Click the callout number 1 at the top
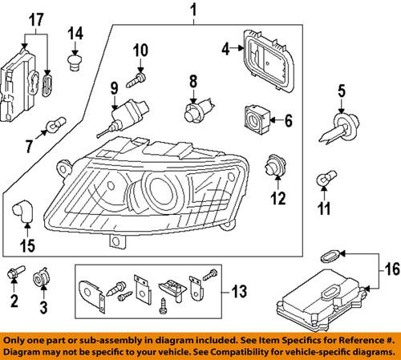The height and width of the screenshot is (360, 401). coord(192,10)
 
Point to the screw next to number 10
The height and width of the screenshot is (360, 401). coord(140,77)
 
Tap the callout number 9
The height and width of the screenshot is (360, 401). coord(114,86)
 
